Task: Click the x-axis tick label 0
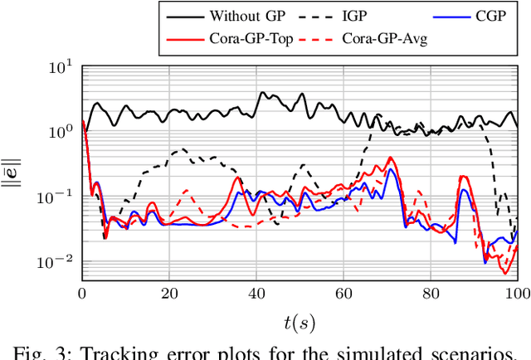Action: point(82,293)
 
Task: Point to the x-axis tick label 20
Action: point(169,293)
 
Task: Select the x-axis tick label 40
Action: point(256,293)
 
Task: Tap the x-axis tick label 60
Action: point(343,293)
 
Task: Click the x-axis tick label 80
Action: point(431,293)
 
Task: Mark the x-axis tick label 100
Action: point(517,293)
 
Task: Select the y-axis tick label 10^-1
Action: point(56,196)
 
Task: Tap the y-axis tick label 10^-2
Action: point(56,261)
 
